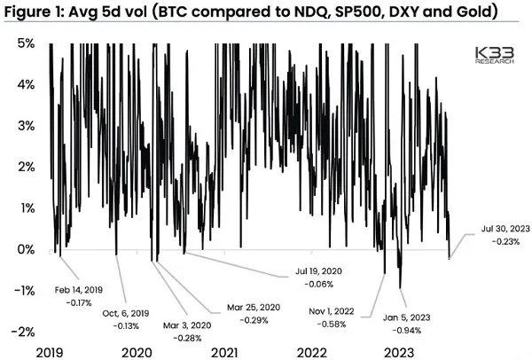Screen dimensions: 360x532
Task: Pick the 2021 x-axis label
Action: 225,351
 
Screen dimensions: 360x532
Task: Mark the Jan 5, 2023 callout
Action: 409,318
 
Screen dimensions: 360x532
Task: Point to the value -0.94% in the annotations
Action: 407,330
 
